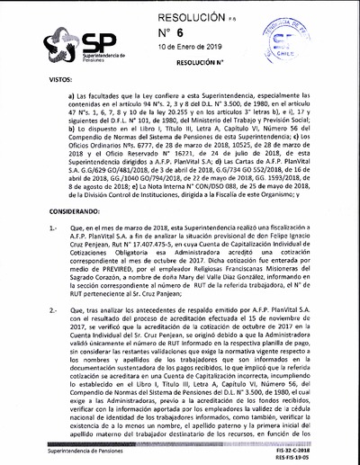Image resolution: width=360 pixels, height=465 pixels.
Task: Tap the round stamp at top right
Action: point(319,40)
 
